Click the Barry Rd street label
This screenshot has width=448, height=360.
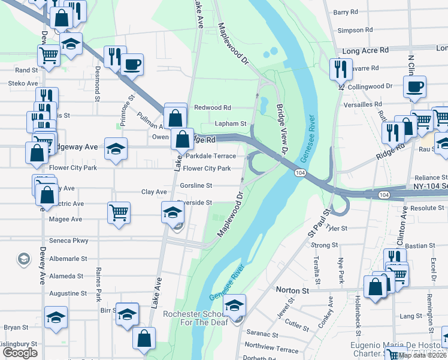345,12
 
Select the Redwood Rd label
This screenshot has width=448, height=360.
213,108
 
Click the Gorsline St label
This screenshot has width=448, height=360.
196,185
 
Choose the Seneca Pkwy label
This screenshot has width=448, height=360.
72,241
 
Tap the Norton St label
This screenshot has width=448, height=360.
292,290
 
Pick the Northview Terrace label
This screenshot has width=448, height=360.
271,346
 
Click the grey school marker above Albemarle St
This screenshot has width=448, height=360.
24,259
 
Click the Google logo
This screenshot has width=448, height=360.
20,353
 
